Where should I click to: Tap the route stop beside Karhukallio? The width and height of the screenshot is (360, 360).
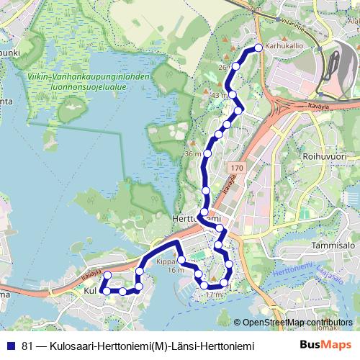point(258,49)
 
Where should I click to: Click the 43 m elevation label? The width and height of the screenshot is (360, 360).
point(219,95)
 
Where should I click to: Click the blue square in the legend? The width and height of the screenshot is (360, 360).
point(12,346)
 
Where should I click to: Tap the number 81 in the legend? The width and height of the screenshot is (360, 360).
point(28,346)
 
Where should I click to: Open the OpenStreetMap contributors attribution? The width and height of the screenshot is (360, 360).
point(297,323)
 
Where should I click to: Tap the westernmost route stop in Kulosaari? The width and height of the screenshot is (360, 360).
point(102,290)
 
